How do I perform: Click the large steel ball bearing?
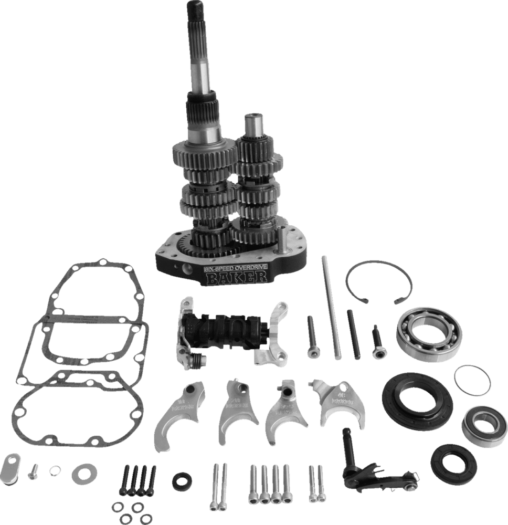(x=432, y=333)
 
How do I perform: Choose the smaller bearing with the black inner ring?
(x=480, y=424)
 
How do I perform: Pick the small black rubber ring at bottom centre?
(x=182, y=480)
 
